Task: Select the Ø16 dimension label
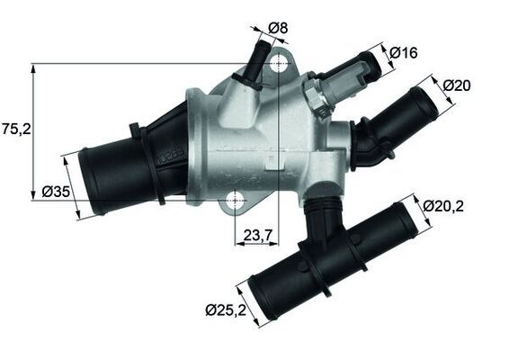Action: (404, 53)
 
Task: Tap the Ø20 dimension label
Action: (458, 85)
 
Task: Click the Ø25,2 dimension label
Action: (225, 311)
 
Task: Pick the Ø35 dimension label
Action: (55, 191)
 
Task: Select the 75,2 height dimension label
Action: (17, 129)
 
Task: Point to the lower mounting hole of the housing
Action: (236, 201)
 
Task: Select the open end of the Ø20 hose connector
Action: (422, 96)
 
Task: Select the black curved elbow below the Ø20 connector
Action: (366, 146)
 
